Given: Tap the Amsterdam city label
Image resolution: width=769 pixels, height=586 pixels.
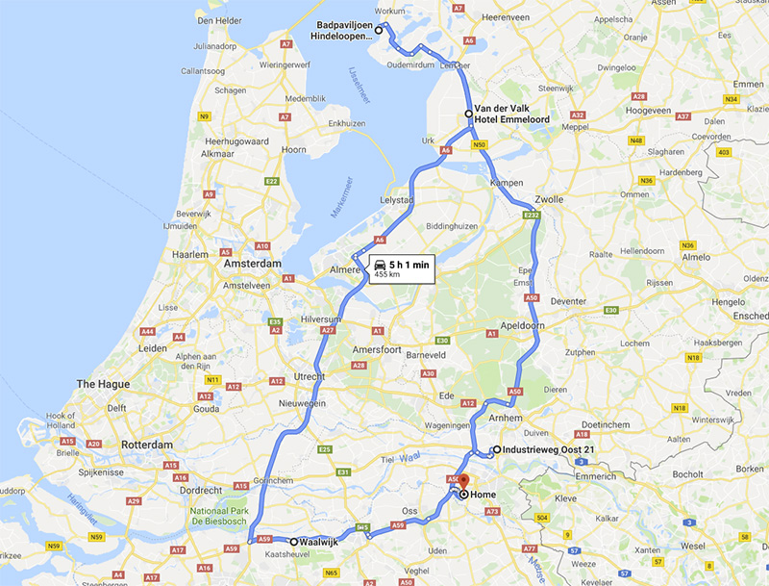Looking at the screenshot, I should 252,264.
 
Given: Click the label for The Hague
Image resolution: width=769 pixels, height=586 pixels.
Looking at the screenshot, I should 103,386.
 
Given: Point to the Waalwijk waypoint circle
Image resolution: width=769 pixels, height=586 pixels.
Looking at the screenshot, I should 294,542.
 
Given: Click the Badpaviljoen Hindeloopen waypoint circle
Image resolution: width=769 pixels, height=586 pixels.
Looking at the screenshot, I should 379,31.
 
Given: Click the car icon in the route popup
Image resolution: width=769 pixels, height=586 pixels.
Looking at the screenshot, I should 380,263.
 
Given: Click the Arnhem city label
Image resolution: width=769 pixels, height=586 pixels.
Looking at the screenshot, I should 506,419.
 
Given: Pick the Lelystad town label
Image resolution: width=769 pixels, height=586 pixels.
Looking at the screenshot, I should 398,199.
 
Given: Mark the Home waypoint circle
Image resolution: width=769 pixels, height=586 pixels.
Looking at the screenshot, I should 463,495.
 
